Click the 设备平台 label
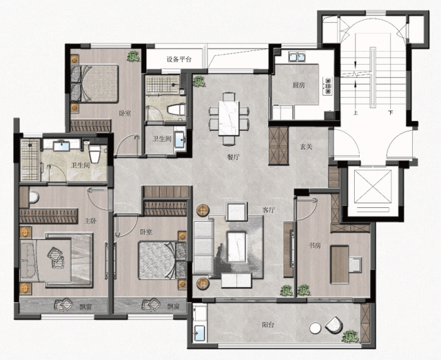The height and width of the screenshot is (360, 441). [179, 59]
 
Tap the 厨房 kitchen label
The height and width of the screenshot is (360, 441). [298, 85]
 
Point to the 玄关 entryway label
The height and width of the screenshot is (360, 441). [306, 147]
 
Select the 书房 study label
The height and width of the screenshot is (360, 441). [315, 245]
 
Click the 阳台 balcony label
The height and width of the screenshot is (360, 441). [268, 325]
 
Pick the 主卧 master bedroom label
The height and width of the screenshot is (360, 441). [90, 221]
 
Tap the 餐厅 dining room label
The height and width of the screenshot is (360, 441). [233, 157]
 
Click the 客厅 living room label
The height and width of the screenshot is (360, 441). [269, 210]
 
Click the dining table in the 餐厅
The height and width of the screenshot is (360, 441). [229, 118]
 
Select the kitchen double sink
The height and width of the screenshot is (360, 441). [297, 56]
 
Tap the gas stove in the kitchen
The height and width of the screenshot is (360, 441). [328, 86]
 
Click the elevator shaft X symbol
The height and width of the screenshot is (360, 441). [373, 187]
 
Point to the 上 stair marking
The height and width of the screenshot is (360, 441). [356, 113]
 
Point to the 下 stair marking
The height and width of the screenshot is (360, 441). [391, 113]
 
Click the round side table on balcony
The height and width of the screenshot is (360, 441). [315, 328]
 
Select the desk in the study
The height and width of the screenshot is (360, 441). [340, 265]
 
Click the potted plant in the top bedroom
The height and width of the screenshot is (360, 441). [133, 56]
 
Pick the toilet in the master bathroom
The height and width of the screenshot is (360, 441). [94, 153]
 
